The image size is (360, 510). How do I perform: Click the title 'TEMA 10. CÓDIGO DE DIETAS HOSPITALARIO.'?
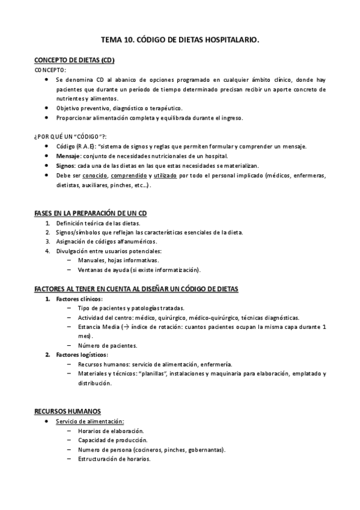[180, 40]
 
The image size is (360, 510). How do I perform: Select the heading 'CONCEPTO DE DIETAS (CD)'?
[74, 61]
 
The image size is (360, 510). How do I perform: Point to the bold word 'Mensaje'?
[68, 156]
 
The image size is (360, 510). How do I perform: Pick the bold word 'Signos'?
[66, 165]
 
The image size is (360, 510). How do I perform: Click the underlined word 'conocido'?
[95, 175]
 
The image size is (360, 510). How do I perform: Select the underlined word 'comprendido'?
[130, 175]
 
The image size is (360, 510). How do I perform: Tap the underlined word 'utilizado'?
[165, 175]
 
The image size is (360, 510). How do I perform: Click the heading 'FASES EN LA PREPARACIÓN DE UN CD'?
[91, 214]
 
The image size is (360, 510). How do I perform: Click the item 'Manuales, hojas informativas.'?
[118, 260]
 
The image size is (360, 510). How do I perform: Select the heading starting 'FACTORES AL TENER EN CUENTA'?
[136, 289]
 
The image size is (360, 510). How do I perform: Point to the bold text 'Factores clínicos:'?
[79, 299]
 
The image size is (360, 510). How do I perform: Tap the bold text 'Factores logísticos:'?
[82, 355]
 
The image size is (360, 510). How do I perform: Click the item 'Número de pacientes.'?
[107, 346]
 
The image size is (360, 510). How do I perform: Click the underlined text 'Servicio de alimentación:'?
[90, 422]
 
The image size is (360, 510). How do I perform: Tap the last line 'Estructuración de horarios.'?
[114, 459]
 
